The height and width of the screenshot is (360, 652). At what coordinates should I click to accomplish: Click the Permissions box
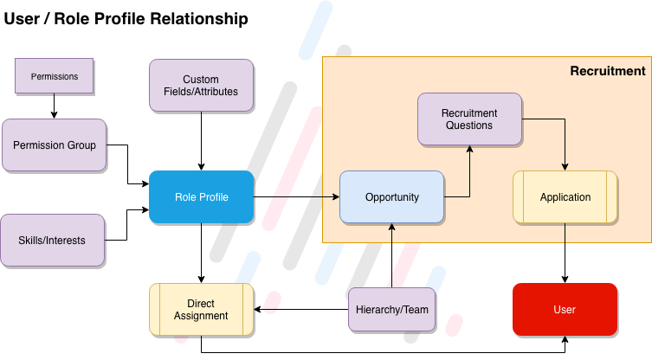[54, 76]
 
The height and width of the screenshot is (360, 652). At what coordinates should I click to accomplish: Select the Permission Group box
[54, 145]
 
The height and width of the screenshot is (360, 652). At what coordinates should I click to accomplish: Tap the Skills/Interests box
[53, 240]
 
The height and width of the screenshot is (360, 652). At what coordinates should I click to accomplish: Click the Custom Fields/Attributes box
[201, 85]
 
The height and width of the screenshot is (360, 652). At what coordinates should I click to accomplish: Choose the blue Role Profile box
[201, 196]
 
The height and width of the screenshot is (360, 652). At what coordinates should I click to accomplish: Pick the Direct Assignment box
[201, 309]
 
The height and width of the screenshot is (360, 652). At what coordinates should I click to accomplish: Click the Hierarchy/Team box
[391, 309]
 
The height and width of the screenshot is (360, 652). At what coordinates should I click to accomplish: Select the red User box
[565, 309]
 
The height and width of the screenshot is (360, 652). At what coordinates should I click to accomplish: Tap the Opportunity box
[391, 196]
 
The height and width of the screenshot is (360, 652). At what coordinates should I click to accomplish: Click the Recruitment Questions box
[469, 119]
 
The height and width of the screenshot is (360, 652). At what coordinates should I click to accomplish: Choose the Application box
[565, 196]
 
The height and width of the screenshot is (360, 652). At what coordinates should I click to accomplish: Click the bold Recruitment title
[607, 71]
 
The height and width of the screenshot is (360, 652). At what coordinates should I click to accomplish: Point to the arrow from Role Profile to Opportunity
[294, 197]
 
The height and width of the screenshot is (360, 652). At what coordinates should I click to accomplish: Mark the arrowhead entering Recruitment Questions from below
[470, 150]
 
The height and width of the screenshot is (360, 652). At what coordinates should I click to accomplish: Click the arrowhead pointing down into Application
[565, 166]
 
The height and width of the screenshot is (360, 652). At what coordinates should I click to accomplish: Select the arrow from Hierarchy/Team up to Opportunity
[392, 255]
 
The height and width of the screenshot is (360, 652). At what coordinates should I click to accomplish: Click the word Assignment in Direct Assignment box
[201, 316]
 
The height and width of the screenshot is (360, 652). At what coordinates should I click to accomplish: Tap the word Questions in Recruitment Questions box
[469, 125]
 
